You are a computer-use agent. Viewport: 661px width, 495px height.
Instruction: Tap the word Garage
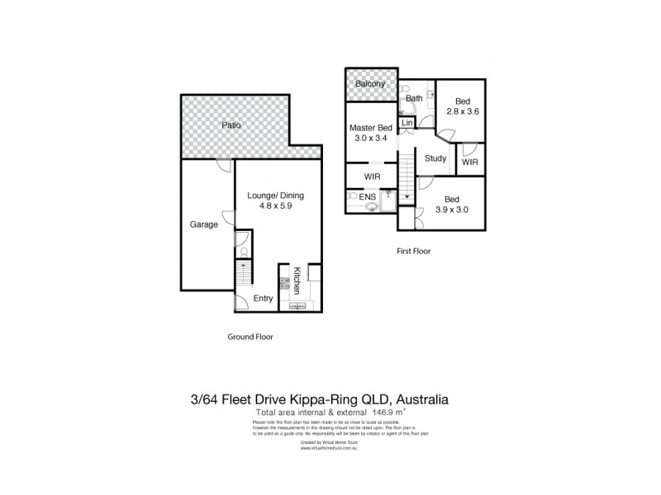click(x=203, y=224)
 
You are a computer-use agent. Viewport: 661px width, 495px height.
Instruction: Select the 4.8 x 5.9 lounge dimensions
click(x=276, y=208)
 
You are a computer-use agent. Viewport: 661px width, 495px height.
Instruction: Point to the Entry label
click(x=263, y=298)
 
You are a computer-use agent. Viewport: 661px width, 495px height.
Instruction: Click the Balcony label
click(x=370, y=85)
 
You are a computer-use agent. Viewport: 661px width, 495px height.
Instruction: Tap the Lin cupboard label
click(x=407, y=123)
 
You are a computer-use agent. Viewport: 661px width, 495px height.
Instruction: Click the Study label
click(x=435, y=158)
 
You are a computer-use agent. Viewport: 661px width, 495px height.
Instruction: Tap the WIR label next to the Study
click(x=470, y=163)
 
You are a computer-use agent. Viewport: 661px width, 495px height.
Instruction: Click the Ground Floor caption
click(x=250, y=337)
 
